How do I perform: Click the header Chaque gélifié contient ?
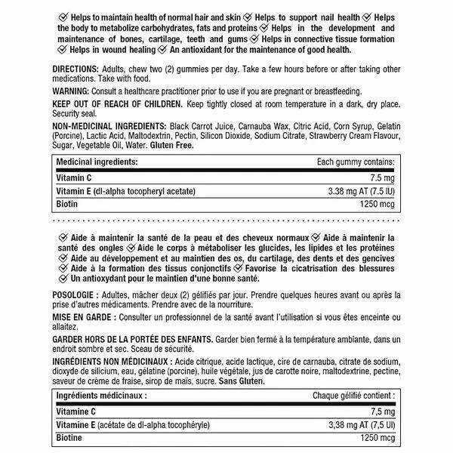(352, 396)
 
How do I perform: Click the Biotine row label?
(69, 439)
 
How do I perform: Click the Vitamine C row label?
(76, 411)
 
